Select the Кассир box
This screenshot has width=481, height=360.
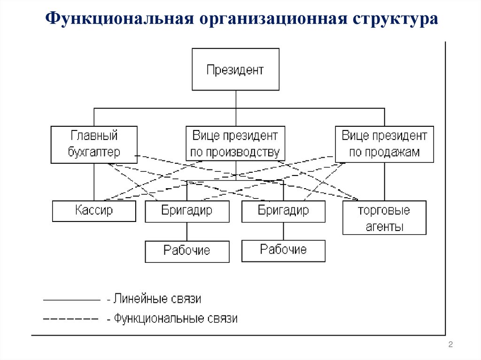tap(94, 211)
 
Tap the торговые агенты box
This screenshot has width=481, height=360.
tap(384, 218)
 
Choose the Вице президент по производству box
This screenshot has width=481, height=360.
tap(235, 144)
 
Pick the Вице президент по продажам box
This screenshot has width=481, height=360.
tap(384, 144)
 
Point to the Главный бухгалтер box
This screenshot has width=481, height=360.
tap(94, 144)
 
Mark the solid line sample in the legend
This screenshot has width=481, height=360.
tap(71, 299)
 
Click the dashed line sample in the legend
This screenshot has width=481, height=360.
tap(70, 319)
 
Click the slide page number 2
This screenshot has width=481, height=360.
tap(450, 345)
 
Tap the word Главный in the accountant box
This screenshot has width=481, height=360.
tap(94, 136)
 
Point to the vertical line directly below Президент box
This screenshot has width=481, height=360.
tap(235, 100)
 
